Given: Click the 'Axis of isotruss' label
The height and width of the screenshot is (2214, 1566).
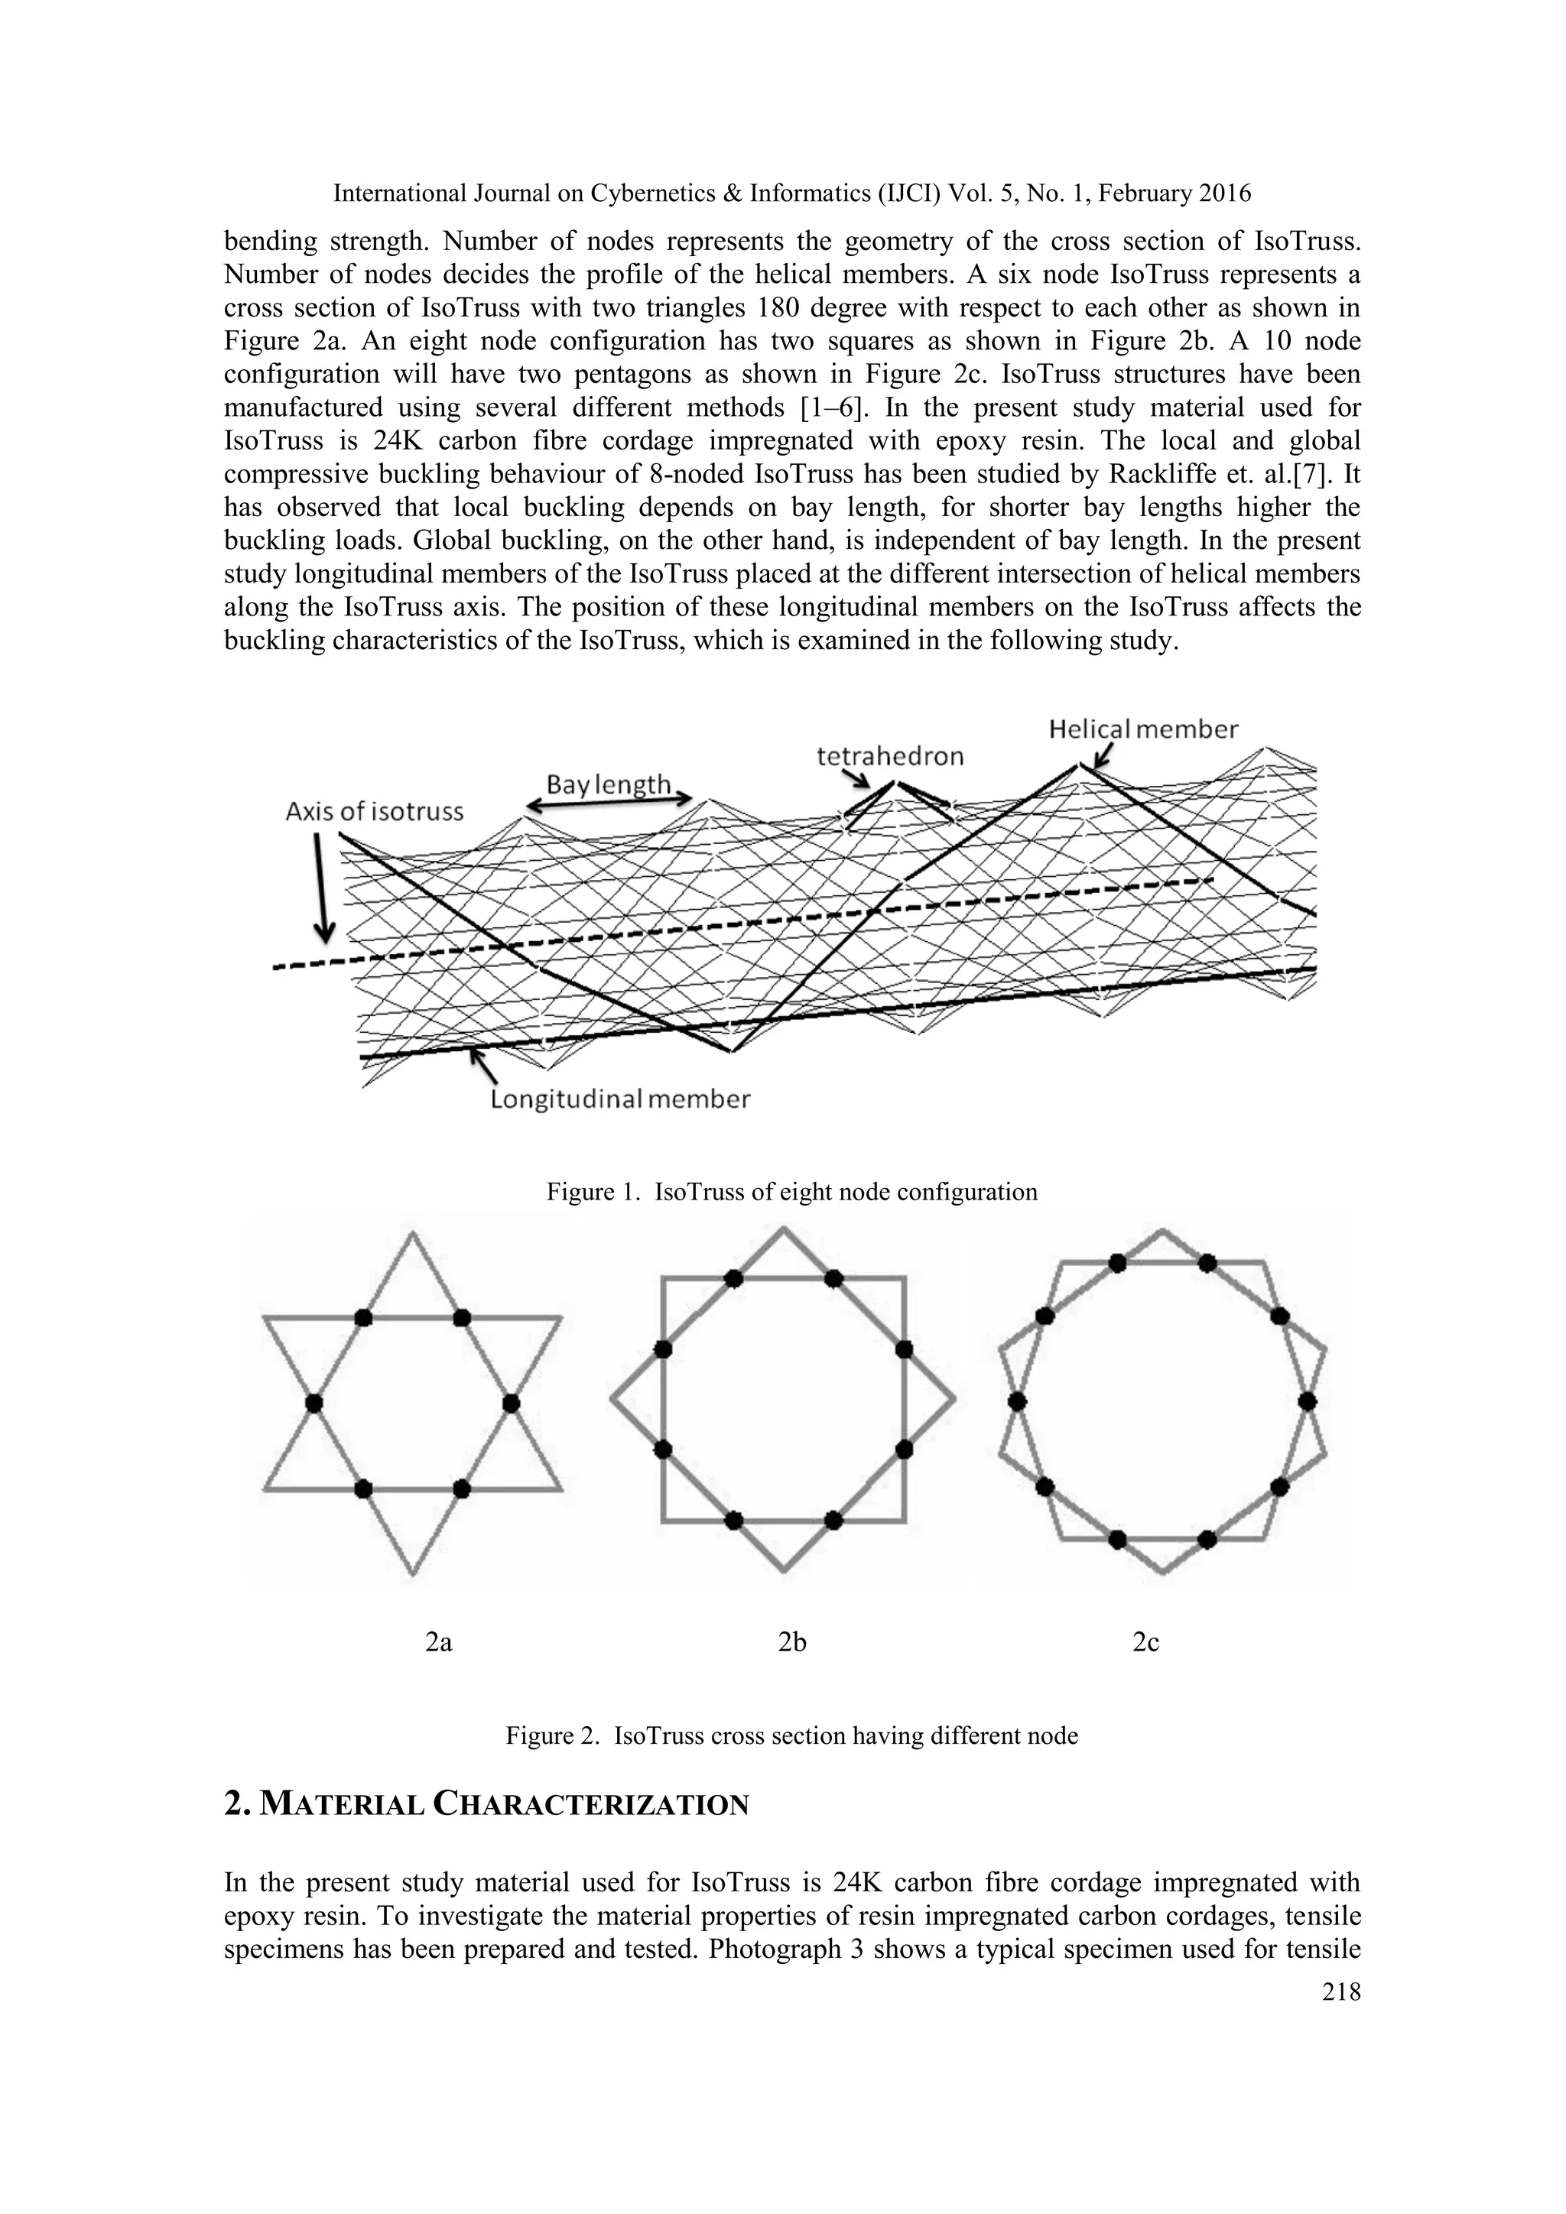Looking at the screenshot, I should (x=374, y=812).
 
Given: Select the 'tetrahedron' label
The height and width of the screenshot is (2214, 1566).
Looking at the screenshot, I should (x=889, y=756).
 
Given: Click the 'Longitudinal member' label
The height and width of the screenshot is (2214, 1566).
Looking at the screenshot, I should (x=620, y=1099).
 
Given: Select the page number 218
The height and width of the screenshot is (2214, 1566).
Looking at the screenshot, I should (x=1341, y=1992).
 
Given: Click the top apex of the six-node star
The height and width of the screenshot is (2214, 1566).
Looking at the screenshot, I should (x=413, y=1233).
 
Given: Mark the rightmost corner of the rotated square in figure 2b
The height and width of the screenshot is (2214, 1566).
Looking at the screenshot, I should (x=953, y=1398).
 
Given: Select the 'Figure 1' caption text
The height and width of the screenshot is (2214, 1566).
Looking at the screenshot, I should (x=791, y=1192).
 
